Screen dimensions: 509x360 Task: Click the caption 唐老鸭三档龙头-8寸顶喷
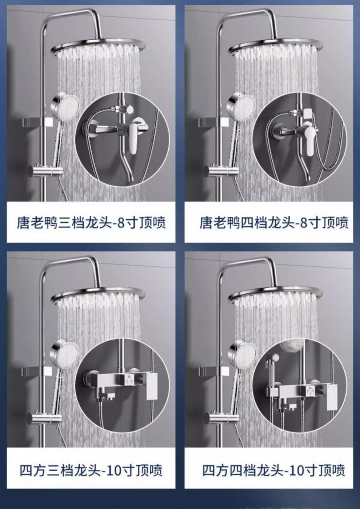click(x=91, y=222)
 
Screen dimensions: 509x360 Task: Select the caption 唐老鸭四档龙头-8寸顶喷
click(x=273, y=222)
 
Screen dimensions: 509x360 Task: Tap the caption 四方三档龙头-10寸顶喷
click(x=91, y=470)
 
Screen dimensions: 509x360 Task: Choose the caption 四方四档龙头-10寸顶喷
click(x=273, y=470)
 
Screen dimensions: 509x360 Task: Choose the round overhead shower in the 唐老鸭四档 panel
click(x=276, y=49)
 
